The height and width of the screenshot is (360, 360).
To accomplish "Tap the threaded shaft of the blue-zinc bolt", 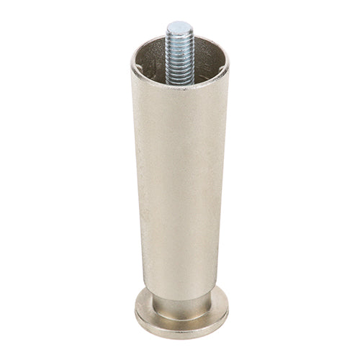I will (x=179, y=50).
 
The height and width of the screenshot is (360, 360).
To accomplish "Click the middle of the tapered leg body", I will (x=180, y=187).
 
